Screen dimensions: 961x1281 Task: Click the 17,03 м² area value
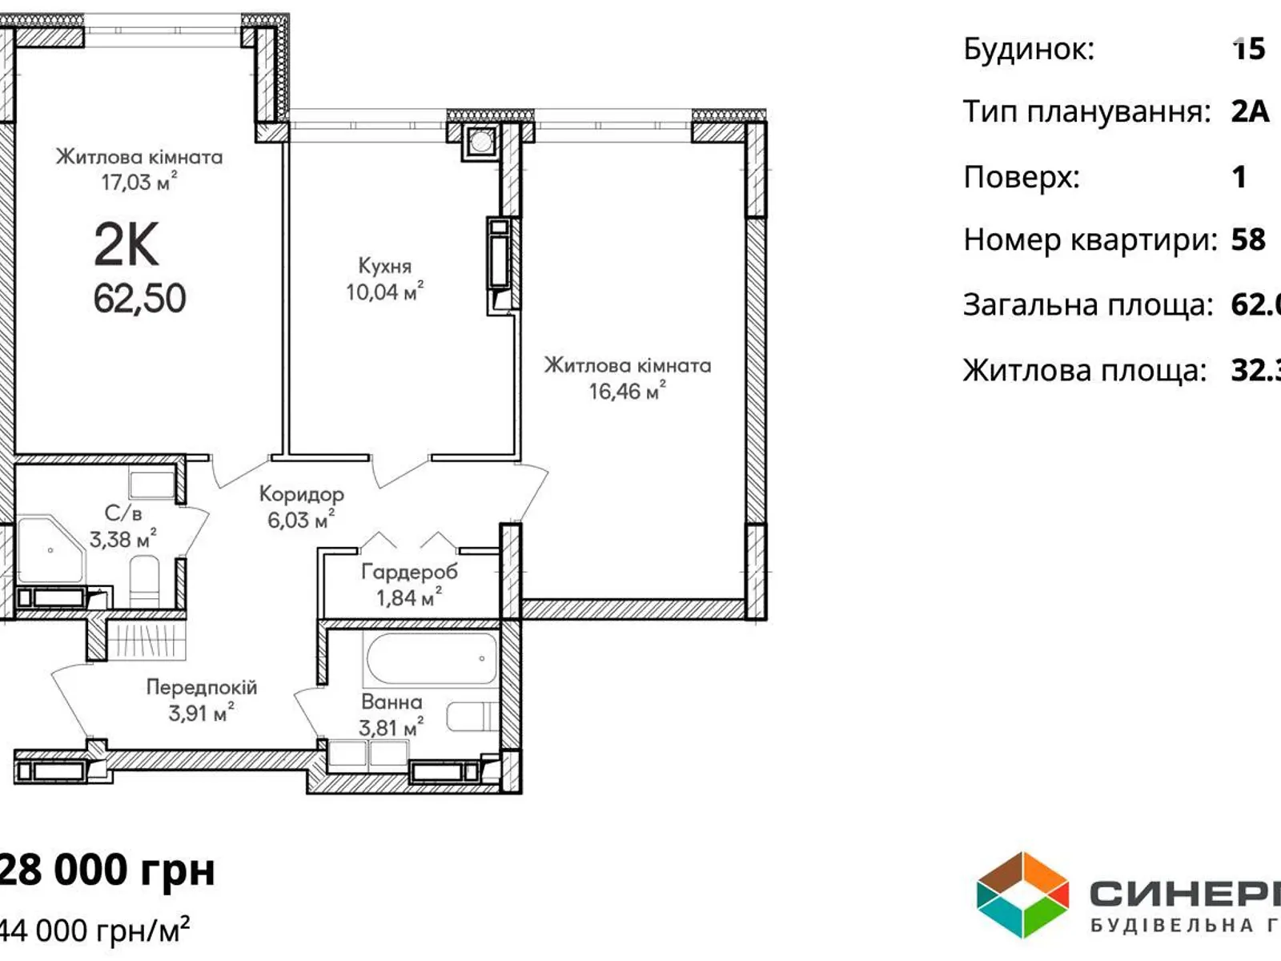[138, 183]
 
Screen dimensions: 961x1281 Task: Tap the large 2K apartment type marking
[126, 245]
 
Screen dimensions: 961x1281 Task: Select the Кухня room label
[384, 266]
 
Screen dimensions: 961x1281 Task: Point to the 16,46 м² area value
[627, 392]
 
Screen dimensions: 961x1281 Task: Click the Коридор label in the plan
[301, 495]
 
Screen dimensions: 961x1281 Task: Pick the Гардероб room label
[409, 572]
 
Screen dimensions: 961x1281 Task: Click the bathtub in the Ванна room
[432, 658]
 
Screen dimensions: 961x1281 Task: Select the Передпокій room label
[201, 687]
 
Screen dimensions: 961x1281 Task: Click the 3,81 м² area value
[390, 728]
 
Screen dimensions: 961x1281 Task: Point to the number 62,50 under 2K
[139, 299]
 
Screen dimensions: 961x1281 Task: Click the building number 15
[1248, 49]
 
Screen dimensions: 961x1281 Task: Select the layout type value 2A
[1250, 112]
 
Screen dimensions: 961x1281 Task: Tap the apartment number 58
[1248, 239]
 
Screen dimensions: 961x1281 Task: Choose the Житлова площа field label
[1084, 371]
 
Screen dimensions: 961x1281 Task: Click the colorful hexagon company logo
[1022, 895]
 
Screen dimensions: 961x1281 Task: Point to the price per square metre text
[94, 931]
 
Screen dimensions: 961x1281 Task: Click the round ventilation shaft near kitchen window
[480, 143]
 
